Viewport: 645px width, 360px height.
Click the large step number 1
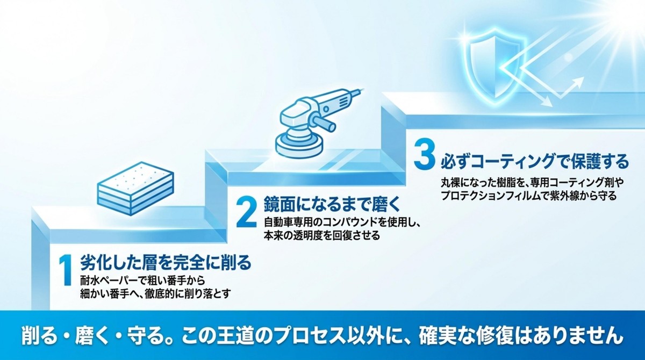click(x=66, y=270)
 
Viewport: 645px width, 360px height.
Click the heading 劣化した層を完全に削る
click(x=166, y=263)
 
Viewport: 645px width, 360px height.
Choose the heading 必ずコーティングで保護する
click(x=534, y=161)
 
